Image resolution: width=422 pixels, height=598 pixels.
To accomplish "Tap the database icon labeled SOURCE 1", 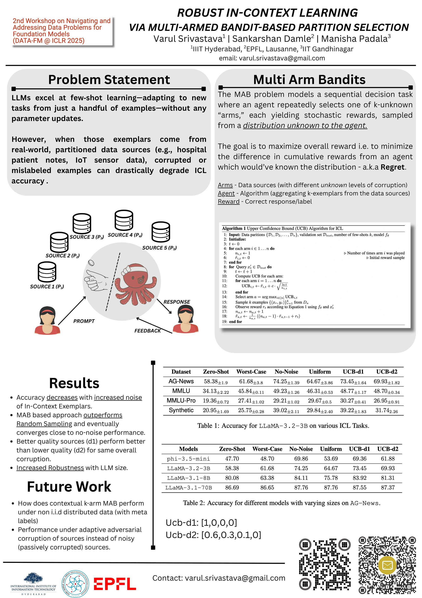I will tap(47, 272).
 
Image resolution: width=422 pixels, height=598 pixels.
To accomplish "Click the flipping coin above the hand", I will tap(91, 263).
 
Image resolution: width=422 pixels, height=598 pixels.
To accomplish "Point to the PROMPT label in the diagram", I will tap(84, 321).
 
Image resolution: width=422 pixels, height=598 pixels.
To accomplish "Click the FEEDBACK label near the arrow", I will tap(147, 331).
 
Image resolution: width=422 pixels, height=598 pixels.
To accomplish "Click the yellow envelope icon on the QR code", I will tap(387, 565).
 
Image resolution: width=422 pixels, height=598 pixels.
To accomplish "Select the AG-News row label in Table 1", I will tap(181, 381).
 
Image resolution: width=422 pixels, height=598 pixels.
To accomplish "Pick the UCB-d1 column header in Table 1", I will tap(353, 372).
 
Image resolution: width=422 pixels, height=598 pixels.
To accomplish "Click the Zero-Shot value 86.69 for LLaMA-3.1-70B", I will tap(232, 488).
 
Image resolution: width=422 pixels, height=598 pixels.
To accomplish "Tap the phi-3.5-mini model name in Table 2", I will tap(188, 459).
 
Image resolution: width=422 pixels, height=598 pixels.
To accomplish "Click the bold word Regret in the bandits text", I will tap(392, 167).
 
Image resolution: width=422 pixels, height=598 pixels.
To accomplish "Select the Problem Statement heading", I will tap(109, 80).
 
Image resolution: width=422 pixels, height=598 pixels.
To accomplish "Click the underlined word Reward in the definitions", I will tap(229, 202).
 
